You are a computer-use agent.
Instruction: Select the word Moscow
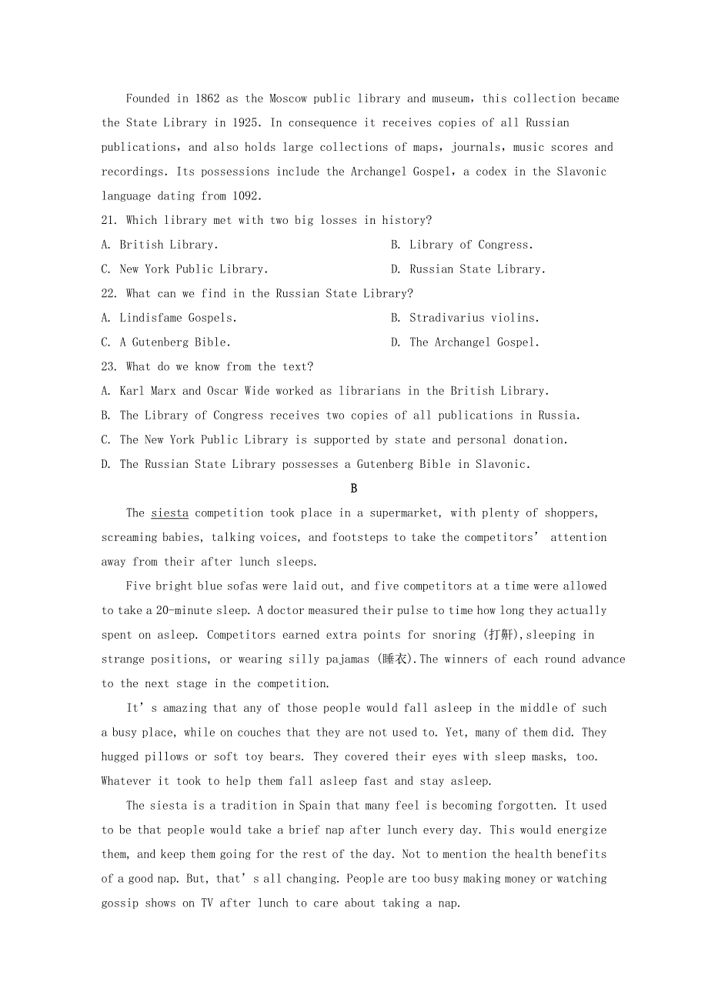coord(289,99)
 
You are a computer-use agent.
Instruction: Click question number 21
coord(109,221)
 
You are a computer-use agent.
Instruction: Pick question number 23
coord(109,367)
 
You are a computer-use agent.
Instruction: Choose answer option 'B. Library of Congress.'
coord(462,245)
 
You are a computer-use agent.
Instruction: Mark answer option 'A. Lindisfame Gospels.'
coord(169,318)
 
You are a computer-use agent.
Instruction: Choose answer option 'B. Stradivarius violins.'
coord(465,318)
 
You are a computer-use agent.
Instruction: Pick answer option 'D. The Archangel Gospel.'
coord(465,342)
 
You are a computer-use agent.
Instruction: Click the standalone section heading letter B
coord(354,489)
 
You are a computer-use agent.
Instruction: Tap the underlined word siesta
coord(169,513)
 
